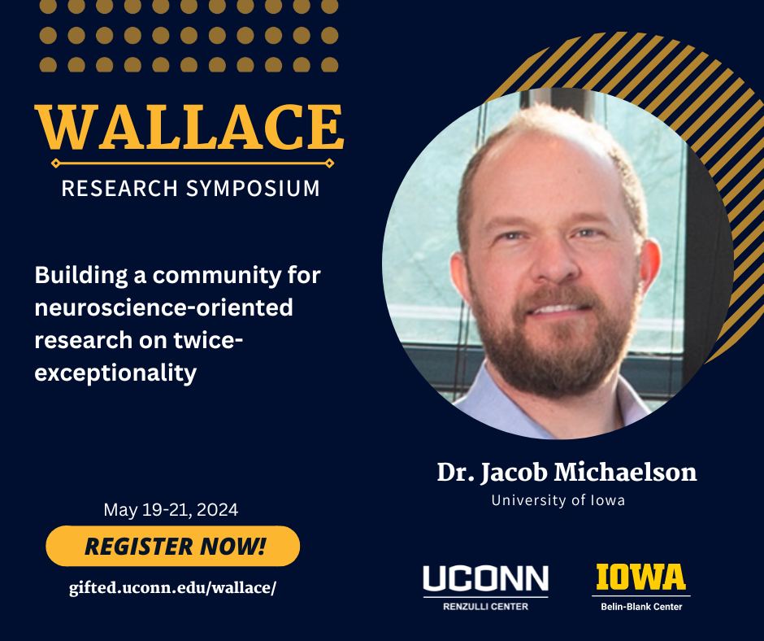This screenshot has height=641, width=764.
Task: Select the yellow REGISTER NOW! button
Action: pyautogui.click(x=173, y=546)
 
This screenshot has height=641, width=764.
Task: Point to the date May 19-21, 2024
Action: pyautogui.click(x=171, y=510)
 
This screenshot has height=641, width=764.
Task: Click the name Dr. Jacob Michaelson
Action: pyautogui.click(x=566, y=473)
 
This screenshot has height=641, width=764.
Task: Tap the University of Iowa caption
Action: pyautogui.click(x=558, y=500)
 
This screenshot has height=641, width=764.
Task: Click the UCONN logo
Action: pyautogui.click(x=485, y=579)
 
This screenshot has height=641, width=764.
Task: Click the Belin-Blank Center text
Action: pyautogui.click(x=641, y=606)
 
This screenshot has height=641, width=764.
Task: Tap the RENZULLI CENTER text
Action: pyautogui.click(x=485, y=606)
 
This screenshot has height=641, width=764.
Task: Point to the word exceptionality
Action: pyautogui.click(x=116, y=373)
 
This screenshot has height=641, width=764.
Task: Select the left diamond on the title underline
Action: pyautogui.click(x=54, y=164)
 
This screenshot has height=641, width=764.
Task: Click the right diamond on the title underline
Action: pyautogui.click(x=329, y=164)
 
